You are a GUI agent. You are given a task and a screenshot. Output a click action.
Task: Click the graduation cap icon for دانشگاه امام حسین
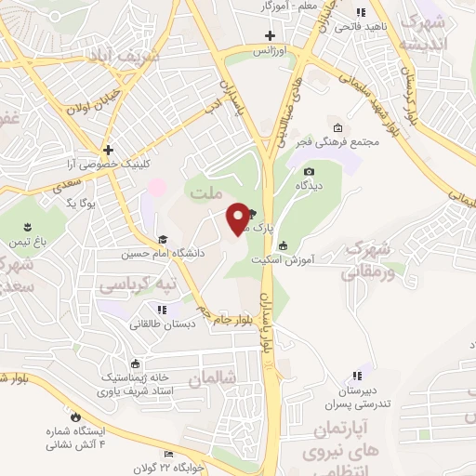click(x=163, y=239)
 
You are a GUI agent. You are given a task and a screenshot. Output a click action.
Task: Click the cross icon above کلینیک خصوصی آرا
click(x=109, y=149)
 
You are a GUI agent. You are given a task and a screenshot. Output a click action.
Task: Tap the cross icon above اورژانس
click(x=269, y=35)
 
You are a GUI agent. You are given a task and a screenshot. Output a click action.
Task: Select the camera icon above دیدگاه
click(x=309, y=171)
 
